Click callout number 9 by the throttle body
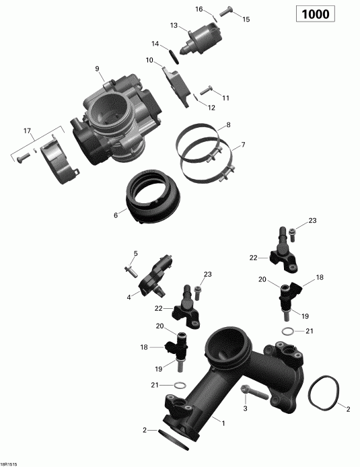tap(97, 69)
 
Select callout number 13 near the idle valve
tap(174, 26)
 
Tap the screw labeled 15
tap(225, 10)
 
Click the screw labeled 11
tap(207, 89)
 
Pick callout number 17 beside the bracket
tap(28, 130)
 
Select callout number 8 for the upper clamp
tap(228, 125)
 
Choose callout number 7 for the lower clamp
tap(243, 145)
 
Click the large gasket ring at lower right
tap(325, 406)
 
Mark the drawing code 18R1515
tap(10, 463)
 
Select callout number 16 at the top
tap(199, 9)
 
